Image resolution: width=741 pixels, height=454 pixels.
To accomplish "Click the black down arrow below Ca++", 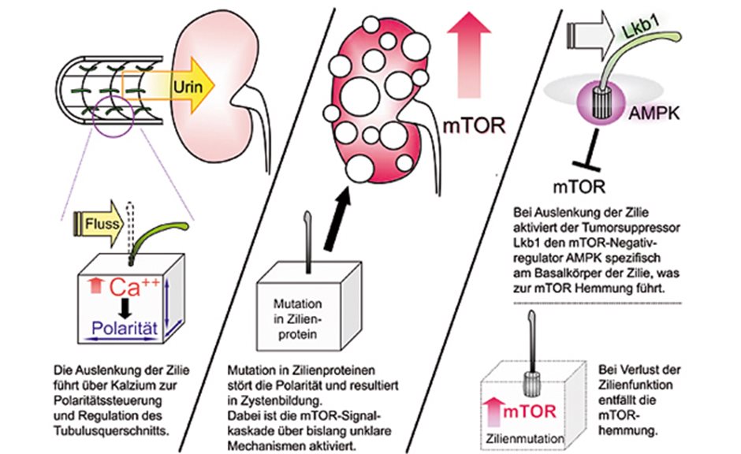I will [x=124, y=304].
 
